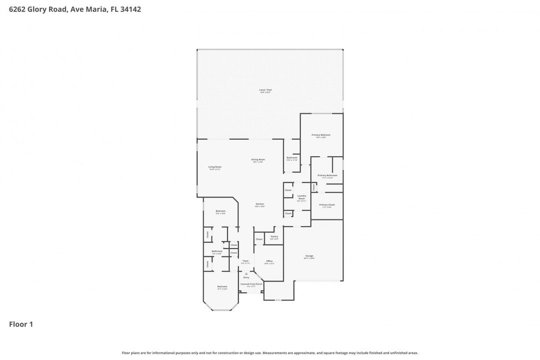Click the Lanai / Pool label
[x=265, y=90]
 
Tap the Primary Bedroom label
[x=321, y=135]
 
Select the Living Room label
[x=215, y=167]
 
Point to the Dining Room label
[x=258, y=159]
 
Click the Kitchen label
[x=260, y=204]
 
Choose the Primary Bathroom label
[x=327, y=175]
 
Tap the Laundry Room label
[x=301, y=197]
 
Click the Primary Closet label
[x=327, y=205]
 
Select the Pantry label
[x=274, y=236]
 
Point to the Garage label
[x=309, y=256]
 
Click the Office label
[x=269, y=261]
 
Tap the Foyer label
[x=245, y=261]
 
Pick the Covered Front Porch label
[x=248, y=284]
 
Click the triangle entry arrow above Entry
[x=246, y=273]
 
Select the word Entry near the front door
[x=246, y=277]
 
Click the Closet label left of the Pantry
[x=259, y=239]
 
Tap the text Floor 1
[x=21, y=324]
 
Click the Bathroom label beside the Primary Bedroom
[x=292, y=157]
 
